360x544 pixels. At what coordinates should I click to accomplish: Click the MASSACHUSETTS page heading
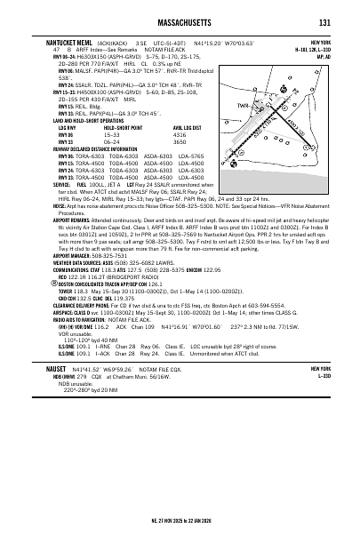coord(180,22)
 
